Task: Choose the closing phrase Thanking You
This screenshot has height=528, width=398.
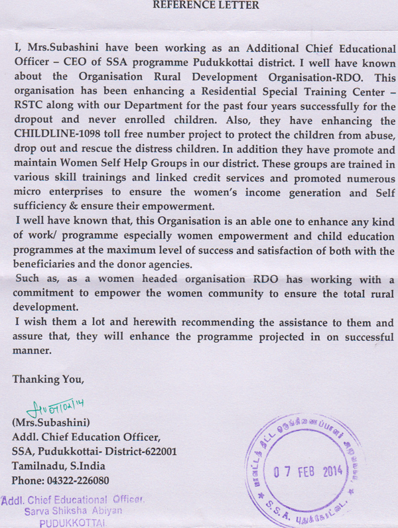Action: point(49,380)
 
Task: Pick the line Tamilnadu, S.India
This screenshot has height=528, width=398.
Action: point(58,466)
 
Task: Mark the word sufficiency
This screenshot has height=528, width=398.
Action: point(42,206)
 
